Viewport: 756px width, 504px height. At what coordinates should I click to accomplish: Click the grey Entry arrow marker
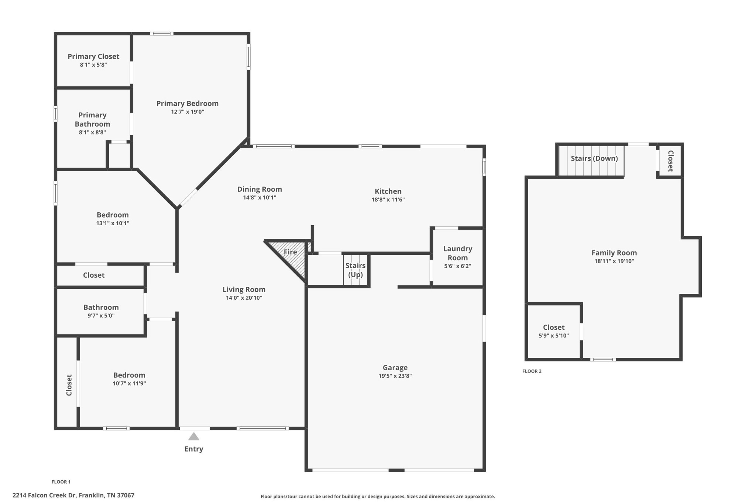tap(194, 437)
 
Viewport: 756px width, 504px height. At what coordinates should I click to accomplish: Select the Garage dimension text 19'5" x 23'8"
tap(395, 376)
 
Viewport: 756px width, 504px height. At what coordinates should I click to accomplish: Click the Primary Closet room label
tap(93, 56)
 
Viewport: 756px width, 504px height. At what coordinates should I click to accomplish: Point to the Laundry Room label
tap(458, 253)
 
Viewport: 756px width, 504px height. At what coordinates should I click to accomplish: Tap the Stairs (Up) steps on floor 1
tap(355, 270)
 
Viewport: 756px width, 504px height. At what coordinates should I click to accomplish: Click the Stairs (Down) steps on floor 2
tap(591, 161)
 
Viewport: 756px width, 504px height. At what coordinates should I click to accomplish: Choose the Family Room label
tap(614, 253)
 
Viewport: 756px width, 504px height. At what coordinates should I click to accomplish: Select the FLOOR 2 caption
tap(532, 371)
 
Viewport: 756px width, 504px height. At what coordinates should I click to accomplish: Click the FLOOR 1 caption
tap(61, 482)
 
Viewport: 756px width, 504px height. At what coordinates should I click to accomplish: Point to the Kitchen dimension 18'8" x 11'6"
tap(388, 200)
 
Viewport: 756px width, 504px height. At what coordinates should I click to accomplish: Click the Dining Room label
tap(260, 189)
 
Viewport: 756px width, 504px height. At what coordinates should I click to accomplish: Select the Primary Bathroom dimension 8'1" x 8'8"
tap(92, 133)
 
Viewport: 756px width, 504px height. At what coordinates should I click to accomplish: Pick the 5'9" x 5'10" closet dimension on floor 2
tap(554, 336)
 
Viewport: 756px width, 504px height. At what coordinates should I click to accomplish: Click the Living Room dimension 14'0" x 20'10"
tap(244, 298)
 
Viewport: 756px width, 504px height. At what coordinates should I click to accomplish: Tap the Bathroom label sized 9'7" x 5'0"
tap(101, 307)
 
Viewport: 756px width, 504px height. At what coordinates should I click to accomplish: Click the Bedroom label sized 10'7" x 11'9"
tap(129, 375)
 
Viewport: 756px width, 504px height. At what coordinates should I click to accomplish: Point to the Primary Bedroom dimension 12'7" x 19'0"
tap(188, 112)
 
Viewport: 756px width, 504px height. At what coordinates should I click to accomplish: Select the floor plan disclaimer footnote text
tap(378, 497)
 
